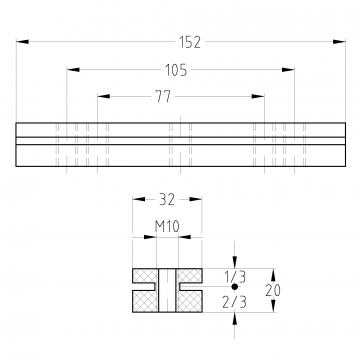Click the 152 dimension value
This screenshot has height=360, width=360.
tap(190, 42)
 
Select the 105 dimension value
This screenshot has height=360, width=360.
tap(176, 70)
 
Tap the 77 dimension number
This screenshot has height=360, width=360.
tap(163, 97)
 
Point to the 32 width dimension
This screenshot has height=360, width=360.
tap(167, 200)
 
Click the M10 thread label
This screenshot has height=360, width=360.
tap(167, 227)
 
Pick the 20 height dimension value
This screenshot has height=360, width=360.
tap(273, 290)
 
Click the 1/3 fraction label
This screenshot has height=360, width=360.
tap(235, 277)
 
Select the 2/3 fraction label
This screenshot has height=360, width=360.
tap(235, 302)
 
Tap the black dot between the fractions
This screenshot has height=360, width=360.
tap(235, 286)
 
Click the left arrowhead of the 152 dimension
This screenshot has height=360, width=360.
tap(22, 42)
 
